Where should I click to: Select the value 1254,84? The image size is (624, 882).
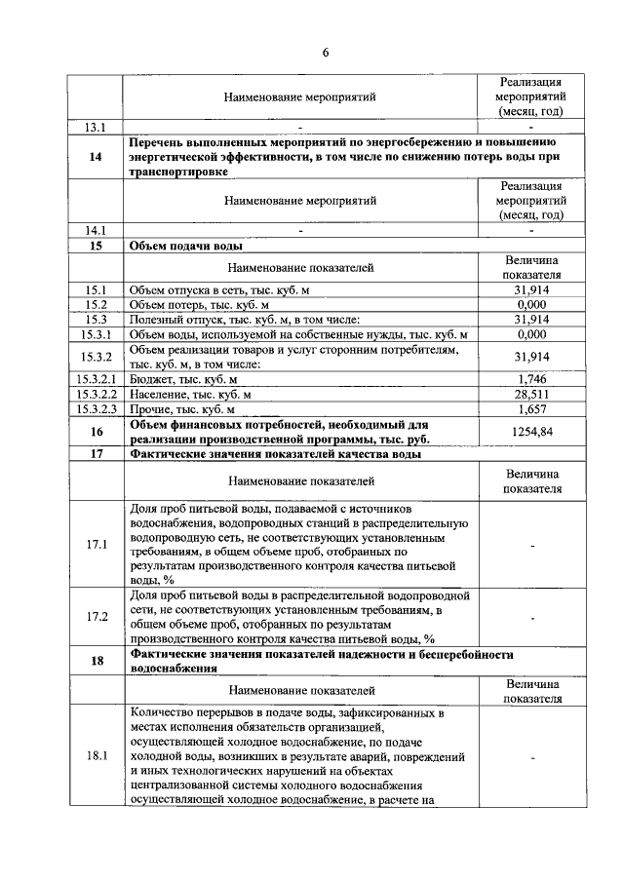[x=532, y=432]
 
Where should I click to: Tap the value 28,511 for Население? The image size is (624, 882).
[x=532, y=395]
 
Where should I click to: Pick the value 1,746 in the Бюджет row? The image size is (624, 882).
[x=532, y=378]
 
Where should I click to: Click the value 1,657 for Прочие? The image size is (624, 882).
[x=532, y=410]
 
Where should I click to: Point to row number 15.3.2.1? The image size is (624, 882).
[x=96, y=378]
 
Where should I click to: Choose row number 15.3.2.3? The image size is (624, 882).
[x=96, y=410]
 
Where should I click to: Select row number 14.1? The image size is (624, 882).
[x=96, y=231]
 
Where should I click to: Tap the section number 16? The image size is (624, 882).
[x=96, y=432]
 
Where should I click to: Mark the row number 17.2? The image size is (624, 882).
[x=96, y=617]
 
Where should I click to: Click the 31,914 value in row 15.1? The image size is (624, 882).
[x=532, y=290]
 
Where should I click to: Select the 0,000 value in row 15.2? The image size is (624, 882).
[x=532, y=305]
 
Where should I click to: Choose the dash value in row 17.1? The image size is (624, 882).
[x=532, y=545]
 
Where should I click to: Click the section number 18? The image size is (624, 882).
[x=96, y=662]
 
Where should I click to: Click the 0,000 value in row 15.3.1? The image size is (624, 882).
[x=532, y=334]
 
